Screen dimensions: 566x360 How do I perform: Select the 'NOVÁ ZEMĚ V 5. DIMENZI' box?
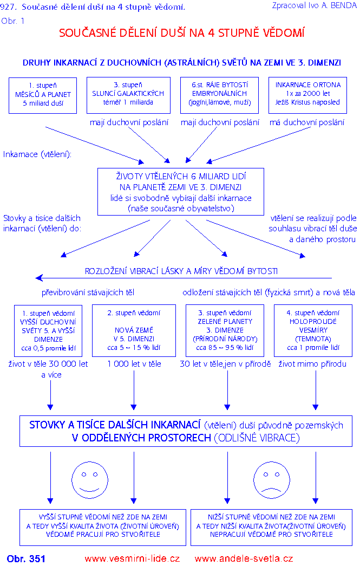[x=134, y=330]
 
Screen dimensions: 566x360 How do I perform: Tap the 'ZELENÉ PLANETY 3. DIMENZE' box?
[x=225, y=330]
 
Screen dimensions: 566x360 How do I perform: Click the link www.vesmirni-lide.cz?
[x=132, y=558]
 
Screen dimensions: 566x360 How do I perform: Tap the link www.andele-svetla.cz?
[x=244, y=558]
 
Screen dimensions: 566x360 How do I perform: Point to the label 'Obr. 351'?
[x=26, y=558]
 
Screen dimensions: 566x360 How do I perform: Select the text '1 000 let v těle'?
[x=134, y=364]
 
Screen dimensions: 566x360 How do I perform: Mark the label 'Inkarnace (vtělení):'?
[x=37, y=154]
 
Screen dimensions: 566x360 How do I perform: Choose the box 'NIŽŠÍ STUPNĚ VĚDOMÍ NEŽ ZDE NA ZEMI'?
[x=271, y=526]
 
